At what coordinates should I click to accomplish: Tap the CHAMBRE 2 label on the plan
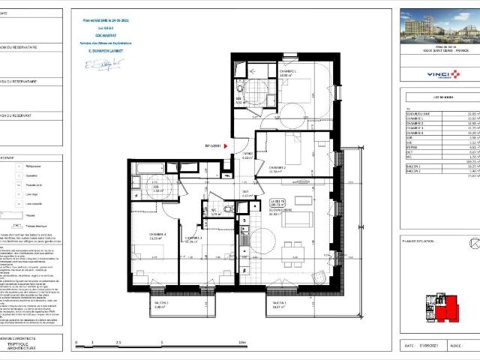(278, 167)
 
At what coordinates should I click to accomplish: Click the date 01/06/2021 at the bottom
(427, 346)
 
